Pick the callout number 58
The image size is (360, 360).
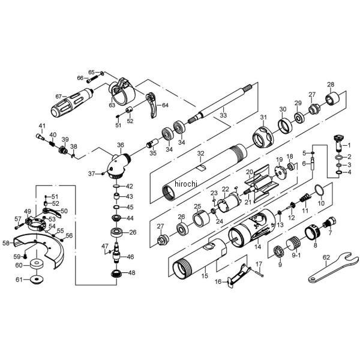pyautogui.click(x=6, y=243)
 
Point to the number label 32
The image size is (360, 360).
pyautogui.click(x=201, y=154)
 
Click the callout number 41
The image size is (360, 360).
pyautogui.click(x=42, y=125)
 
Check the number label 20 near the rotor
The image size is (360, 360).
pyautogui.click(x=249, y=172)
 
